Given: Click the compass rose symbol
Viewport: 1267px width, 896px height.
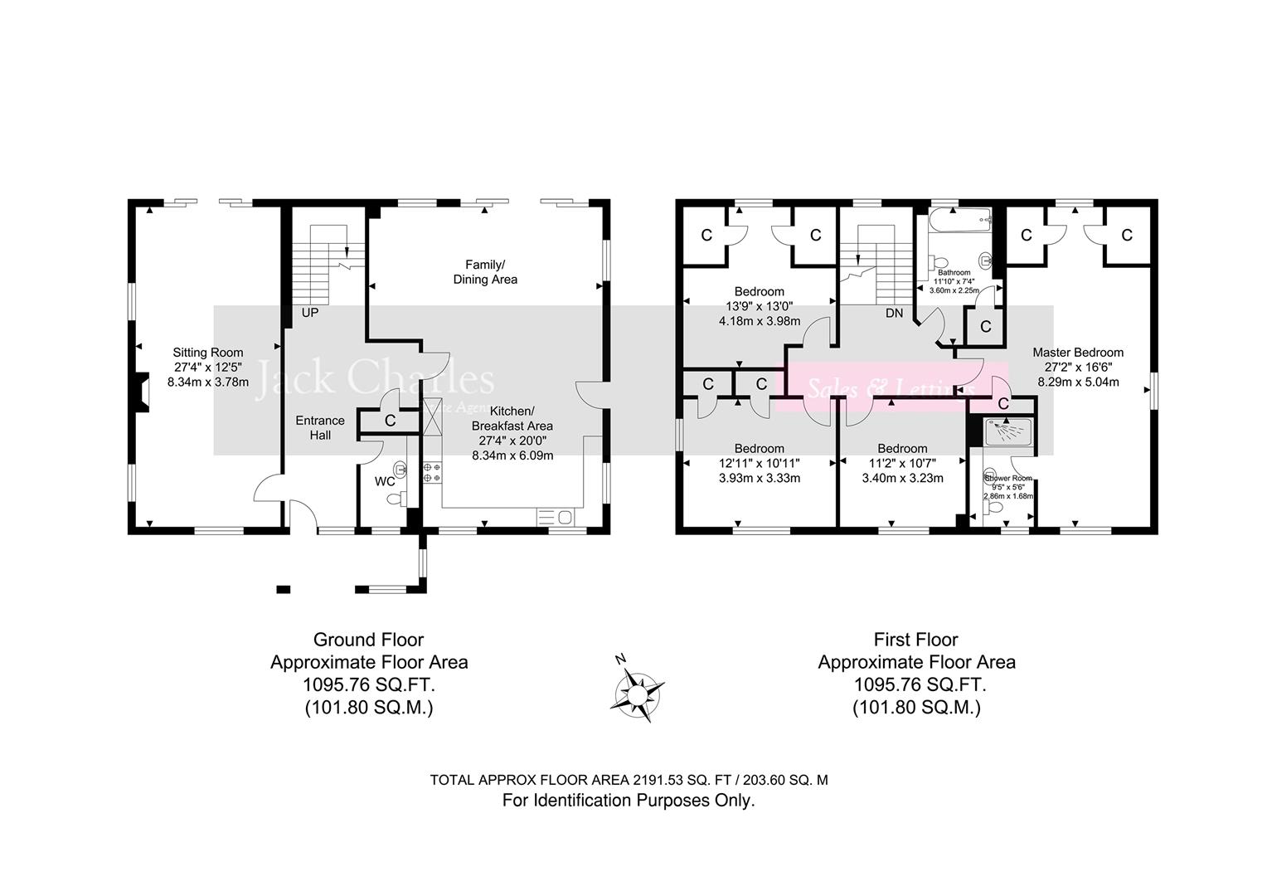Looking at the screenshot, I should pos(636,689).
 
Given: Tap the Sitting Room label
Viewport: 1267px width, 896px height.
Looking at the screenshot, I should pos(207,353).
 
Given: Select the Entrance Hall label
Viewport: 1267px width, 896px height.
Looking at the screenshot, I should pos(320,427).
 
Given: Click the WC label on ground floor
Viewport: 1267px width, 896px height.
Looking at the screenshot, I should pos(385,481).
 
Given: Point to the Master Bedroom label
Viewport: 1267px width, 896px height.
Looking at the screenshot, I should pos(1078,353).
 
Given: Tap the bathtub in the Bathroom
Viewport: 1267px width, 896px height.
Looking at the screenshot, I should pos(959,221).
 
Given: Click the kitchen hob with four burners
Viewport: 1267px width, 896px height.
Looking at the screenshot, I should pos(432,473).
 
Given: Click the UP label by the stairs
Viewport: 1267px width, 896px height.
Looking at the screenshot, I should pos(310,314).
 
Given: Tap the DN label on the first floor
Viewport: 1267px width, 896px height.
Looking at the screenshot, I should pos(894,314).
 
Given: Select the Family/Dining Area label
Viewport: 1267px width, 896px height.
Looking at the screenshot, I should pos(485,272).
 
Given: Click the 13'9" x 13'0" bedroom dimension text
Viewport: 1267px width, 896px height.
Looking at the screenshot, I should pos(759,306).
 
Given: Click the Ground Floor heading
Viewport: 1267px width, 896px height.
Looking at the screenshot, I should pos(368,640).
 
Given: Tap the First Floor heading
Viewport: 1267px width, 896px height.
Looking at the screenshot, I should pos(915,640).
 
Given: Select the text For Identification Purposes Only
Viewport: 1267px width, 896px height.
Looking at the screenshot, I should pos(629,801).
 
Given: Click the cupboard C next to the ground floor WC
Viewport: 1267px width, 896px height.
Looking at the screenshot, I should pos(390,421).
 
